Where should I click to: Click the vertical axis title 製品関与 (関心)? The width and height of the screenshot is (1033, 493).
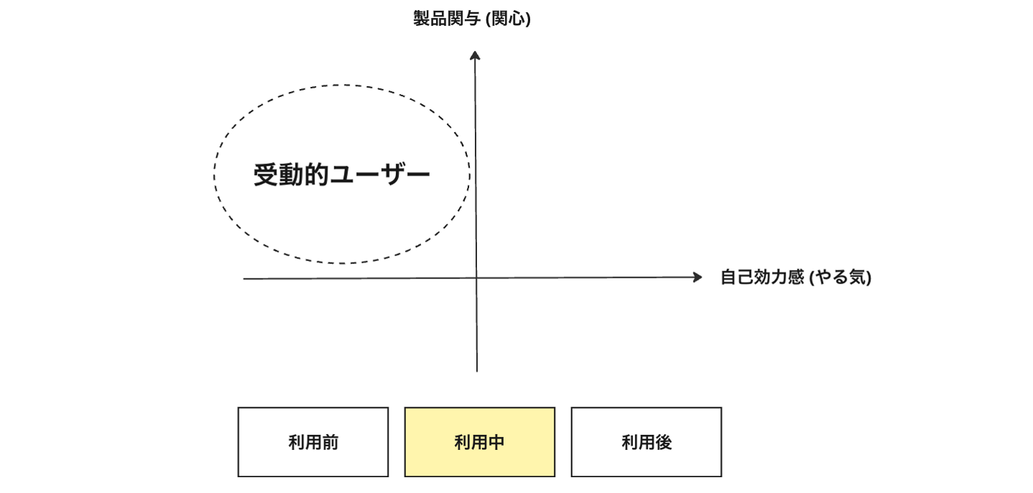[471, 19]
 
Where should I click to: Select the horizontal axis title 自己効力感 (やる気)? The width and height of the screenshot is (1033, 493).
[796, 278]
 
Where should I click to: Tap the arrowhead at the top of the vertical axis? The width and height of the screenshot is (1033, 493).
[474, 55]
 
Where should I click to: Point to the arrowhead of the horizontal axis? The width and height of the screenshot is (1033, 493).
[697, 278]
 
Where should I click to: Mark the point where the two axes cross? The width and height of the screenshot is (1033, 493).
[476, 278]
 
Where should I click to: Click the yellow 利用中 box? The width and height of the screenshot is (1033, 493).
[479, 442]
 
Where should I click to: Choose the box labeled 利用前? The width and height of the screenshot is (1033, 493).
[313, 442]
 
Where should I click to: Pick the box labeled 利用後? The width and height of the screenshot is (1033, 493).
[646, 442]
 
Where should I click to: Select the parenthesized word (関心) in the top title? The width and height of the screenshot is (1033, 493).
[508, 19]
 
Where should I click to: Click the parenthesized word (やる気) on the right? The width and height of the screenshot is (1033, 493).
[840, 278]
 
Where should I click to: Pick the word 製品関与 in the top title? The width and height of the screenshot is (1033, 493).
[447, 19]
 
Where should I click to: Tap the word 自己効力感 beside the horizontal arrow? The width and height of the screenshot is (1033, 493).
[762, 278]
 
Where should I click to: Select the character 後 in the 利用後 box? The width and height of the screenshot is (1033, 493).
[664, 443]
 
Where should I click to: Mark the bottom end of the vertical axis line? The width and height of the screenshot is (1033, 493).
[477, 370]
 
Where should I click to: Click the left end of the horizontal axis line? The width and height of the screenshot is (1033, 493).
[245, 279]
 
